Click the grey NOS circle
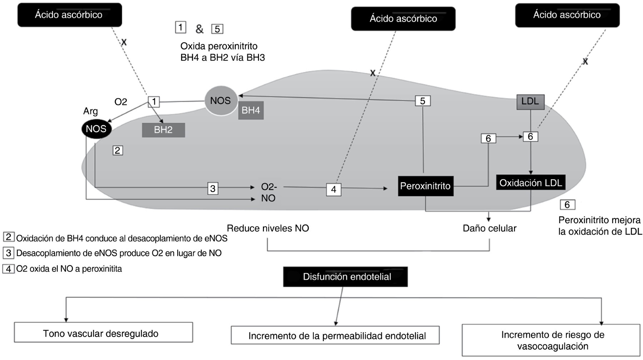coord(220,101)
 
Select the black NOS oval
coord(96,129)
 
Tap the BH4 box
coord(251,110)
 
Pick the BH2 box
coord(163,130)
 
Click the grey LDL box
coord(530,102)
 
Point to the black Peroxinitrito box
coord(425,186)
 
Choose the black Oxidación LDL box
coord(530,182)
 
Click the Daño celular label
coord(489,229)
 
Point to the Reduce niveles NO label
coord(268,229)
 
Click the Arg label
coord(90,111)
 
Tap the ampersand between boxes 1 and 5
coord(199,29)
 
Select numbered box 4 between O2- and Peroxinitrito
coord(334,189)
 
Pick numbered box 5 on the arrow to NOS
coord(423,101)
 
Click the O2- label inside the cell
coord(269,187)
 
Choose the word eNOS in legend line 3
coord(105,253)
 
